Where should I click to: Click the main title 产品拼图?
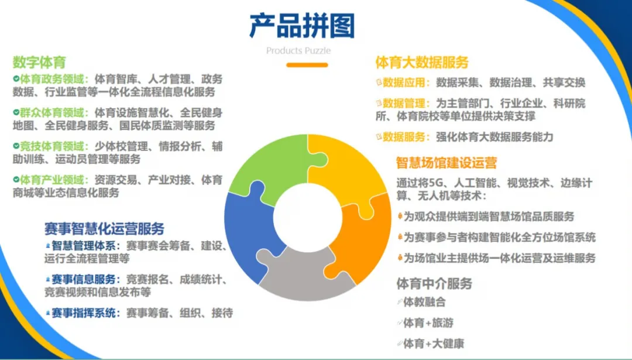click(x=302, y=26)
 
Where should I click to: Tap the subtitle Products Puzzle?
click(x=298, y=50)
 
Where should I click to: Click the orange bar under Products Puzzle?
click(x=307, y=64)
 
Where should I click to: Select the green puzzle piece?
click(x=263, y=167)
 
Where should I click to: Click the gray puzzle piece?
click(x=304, y=275)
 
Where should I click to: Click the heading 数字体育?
click(x=39, y=61)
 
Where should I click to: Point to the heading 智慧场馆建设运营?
click(x=446, y=162)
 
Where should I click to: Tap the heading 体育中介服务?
click(x=434, y=284)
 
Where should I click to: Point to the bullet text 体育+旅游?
click(x=428, y=323)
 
